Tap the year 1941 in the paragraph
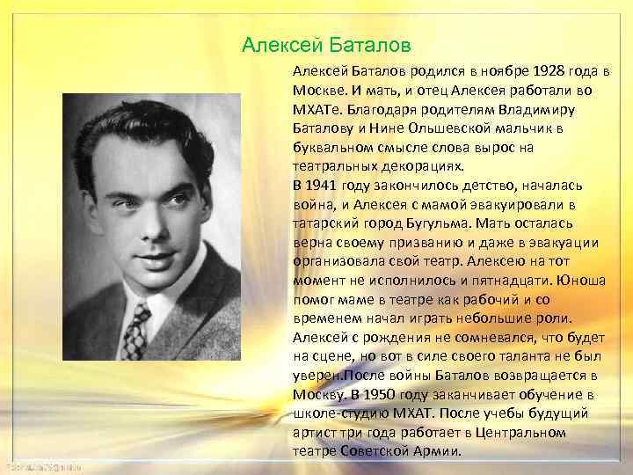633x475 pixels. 324,184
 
